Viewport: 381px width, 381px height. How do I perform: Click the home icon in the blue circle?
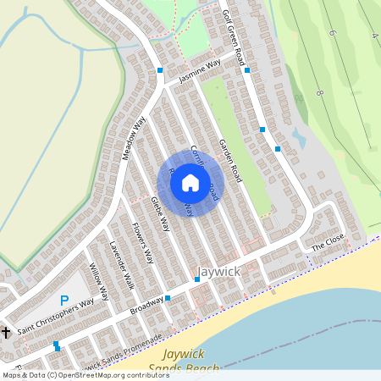click(x=190, y=183)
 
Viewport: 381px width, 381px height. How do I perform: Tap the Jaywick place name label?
click(x=218, y=272)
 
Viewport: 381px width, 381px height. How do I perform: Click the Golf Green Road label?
click(x=233, y=39)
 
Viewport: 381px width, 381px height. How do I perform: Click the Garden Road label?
click(x=230, y=161)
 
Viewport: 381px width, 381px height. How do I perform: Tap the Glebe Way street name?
click(x=160, y=214)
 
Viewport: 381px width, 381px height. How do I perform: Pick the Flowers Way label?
click(x=141, y=242)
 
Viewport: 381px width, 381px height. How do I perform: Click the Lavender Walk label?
click(x=122, y=264)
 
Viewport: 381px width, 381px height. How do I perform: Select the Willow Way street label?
click(x=99, y=282)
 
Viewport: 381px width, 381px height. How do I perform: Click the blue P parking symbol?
click(x=64, y=301)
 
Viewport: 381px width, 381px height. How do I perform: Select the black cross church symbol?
click(x=6, y=333)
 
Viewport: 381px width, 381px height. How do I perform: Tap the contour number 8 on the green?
click(x=319, y=91)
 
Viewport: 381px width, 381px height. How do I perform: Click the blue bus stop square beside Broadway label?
click(x=168, y=298)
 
